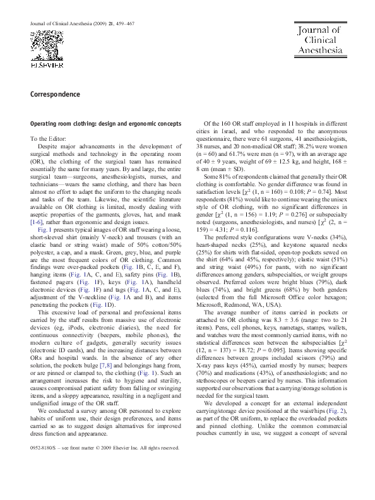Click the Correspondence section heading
[x=54, y=94]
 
